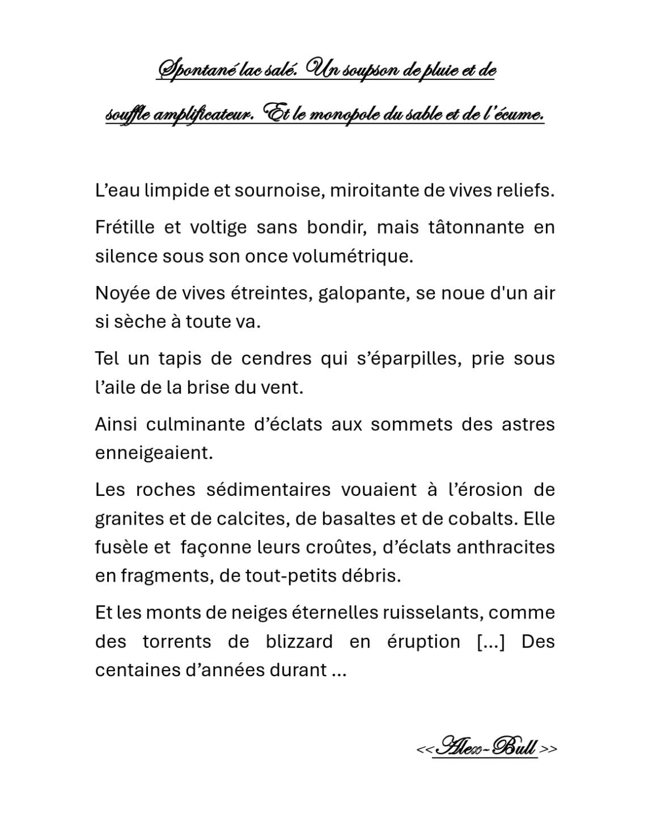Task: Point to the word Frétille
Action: click(x=125, y=227)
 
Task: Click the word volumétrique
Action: click(x=352, y=256)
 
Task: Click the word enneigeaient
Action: click(x=154, y=453)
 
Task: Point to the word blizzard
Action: click(x=299, y=641)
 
